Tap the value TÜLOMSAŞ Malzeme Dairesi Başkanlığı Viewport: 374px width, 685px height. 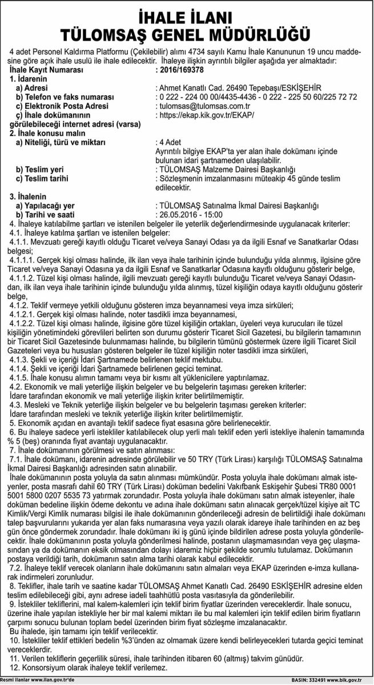(228, 170)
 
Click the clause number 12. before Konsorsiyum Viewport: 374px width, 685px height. (15, 667)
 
